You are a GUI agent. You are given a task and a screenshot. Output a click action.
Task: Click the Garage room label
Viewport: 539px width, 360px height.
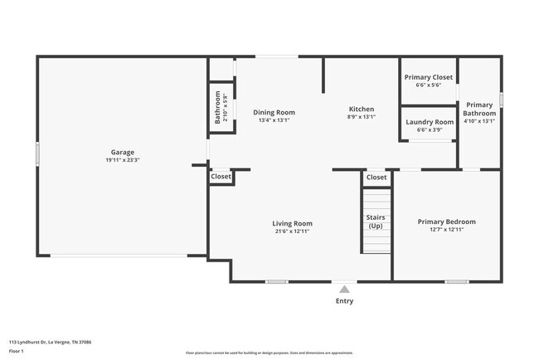tap(123, 153)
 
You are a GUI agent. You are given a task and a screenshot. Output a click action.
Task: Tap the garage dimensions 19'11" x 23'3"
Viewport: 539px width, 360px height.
tap(123, 160)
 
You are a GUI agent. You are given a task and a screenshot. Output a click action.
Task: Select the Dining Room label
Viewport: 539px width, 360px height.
tap(274, 112)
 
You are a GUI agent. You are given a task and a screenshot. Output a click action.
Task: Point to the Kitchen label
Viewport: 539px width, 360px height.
tap(361, 109)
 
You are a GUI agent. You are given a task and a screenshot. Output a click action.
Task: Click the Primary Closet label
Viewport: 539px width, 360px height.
tap(428, 77)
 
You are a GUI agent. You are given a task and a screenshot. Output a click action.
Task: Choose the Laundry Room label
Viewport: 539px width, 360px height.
tap(429, 122)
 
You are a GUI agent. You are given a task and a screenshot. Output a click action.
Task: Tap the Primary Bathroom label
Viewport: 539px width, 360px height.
tap(478, 109)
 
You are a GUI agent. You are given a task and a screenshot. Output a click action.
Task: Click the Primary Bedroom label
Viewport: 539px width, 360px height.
tap(446, 221)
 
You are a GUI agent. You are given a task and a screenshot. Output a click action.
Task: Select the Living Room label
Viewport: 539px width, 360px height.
tap(292, 223)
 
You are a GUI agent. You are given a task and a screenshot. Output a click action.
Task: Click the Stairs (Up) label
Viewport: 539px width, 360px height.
tap(376, 221)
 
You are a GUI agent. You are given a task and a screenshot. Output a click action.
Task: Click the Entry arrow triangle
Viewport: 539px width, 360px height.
tap(344, 289)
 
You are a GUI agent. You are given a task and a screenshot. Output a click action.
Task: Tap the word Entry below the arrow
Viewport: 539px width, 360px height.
tap(344, 301)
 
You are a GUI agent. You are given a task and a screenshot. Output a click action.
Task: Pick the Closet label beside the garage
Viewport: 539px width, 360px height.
tap(221, 177)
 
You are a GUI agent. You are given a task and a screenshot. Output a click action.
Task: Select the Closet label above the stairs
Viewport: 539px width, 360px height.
tap(376, 177)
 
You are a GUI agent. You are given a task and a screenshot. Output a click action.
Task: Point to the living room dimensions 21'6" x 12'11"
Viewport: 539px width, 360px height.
tap(292, 231)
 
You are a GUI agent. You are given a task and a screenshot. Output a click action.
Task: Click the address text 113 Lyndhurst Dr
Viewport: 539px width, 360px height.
tap(50, 342)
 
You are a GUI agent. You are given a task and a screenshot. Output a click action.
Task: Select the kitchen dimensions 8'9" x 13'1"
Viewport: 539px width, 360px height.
tap(361, 117)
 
